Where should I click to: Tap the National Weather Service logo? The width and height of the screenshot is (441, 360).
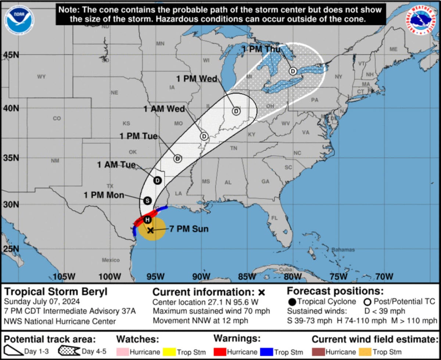click(422, 20)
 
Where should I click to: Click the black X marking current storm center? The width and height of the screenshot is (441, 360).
click(150, 230)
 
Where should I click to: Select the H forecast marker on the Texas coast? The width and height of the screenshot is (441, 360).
click(147, 220)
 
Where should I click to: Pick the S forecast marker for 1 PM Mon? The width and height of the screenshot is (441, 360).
click(147, 201)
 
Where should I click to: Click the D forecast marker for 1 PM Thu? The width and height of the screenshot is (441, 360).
click(293, 71)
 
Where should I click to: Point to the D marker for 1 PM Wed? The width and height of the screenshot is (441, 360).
click(236, 111)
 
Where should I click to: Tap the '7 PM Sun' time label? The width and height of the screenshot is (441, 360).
click(189, 229)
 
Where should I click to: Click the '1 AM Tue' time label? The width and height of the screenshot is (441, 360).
click(116, 165)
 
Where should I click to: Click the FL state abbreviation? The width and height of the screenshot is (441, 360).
click(275, 218)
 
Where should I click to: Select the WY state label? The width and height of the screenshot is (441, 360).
click(41, 77)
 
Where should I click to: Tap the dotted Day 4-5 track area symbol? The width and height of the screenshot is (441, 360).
click(69, 352)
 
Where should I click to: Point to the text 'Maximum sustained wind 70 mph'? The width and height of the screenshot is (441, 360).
click(211, 311)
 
